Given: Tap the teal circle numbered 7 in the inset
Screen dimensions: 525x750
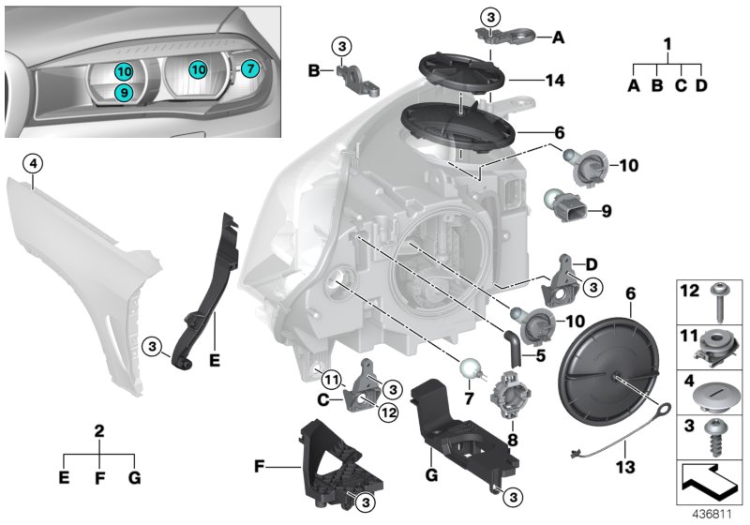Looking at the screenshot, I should (248, 68).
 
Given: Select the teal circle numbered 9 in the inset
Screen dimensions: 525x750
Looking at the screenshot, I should (123, 92).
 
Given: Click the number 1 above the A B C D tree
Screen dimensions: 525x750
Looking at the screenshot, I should (667, 44).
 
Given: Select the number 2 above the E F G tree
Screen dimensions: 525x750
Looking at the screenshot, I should (99, 432).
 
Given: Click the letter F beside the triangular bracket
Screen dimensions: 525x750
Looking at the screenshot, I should (260, 463).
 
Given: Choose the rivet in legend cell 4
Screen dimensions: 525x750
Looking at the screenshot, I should (719, 391).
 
